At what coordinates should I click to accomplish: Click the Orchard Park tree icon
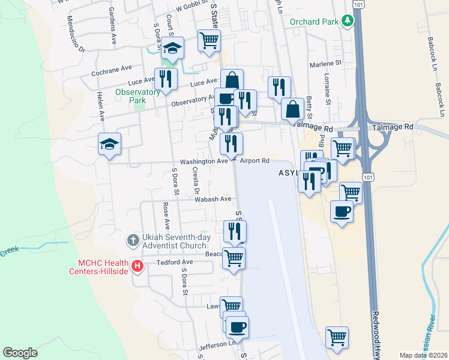coord(347,22)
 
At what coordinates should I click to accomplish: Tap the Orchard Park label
coord(315,22)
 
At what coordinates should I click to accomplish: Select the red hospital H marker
coord(137,266)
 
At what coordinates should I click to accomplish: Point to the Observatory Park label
coord(137,96)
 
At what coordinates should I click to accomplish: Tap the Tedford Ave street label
coord(175,262)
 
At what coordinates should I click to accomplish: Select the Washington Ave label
coord(204,161)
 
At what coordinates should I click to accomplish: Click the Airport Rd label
coord(255,161)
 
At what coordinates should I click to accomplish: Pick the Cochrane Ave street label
coord(111,70)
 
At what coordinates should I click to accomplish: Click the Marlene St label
coord(325,62)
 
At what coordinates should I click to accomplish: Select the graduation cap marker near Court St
coord(172,49)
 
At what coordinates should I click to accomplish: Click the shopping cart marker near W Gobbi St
coord(209,41)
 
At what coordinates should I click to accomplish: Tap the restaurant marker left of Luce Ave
coord(165,79)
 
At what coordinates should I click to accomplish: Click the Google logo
coord(20,353)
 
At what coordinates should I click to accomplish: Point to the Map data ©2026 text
coord(423,355)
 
